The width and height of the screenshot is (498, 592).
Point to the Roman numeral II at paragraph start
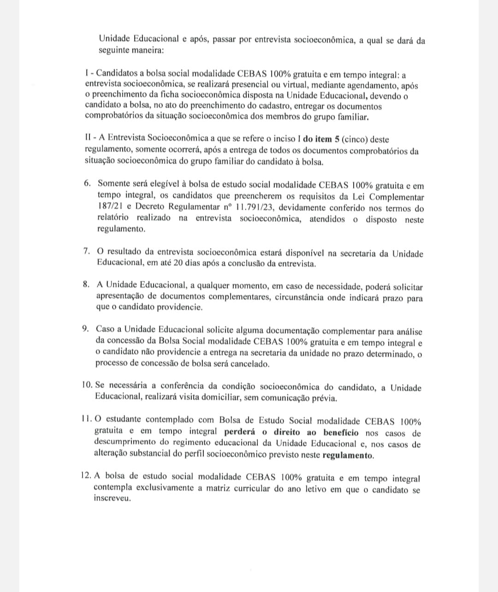(x=89, y=138)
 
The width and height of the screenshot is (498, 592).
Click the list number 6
(x=87, y=183)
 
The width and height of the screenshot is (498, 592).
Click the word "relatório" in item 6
(x=113, y=218)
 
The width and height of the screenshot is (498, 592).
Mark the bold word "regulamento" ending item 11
(x=348, y=456)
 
